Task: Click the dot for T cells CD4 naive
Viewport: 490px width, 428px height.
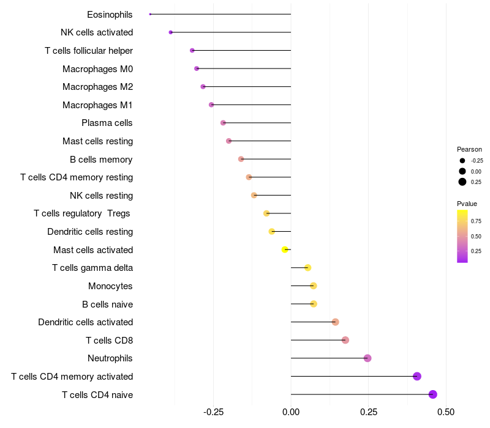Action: point(433,394)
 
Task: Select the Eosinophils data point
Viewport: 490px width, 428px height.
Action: point(150,14)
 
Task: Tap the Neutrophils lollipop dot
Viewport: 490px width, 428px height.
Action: point(367,358)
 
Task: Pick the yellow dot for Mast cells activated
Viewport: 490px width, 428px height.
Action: point(285,249)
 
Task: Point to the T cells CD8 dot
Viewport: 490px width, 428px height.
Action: point(345,340)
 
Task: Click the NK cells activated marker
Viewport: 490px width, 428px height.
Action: point(171,32)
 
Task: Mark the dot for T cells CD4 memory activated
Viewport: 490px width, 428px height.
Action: point(417,376)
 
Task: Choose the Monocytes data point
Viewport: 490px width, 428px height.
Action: point(314,286)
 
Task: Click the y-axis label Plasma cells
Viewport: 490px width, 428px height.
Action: point(107,123)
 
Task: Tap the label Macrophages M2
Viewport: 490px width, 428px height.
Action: point(97,87)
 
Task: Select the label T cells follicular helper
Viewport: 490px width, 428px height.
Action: point(89,50)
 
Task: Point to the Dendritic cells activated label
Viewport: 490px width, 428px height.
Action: point(85,322)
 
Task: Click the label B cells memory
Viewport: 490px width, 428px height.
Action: point(101,160)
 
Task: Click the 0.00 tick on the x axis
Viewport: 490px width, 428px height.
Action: point(291,412)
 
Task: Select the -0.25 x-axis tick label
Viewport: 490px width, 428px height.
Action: point(213,412)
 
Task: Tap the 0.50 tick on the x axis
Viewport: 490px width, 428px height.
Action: point(446,412)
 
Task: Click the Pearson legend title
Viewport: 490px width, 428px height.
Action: point(469,149)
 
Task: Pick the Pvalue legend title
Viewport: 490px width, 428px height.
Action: point(467,204)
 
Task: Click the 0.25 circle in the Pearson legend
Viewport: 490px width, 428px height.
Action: point(462,182)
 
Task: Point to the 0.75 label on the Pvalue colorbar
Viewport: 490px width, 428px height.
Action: point(476,221)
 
